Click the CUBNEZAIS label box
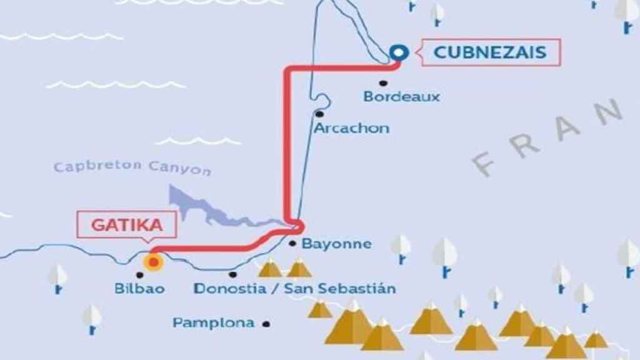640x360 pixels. click(x=489, y=52)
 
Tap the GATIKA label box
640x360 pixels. click(x=127, y=226)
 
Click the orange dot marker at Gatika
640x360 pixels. click(x=152, y=262)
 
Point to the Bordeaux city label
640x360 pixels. click(x=402, y=97)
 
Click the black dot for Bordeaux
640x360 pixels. click(x=382, y=82)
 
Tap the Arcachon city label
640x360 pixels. click(x=351, y=129)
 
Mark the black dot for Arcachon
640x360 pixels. click(x=319, y=114)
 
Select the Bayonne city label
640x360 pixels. click(x=336, y=244)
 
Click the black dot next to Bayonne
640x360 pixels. click(x=292, y=244)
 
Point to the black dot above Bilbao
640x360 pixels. click(x=139, y=274)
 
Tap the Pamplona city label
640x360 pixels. click(x=214, y=323)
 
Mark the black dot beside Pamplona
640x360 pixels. click(x=267, y=324)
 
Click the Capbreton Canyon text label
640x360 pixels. click(x=132, y=167)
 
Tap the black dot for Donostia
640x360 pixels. click(x=232, y=274)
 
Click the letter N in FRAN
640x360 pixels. click(x=607, y=112)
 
